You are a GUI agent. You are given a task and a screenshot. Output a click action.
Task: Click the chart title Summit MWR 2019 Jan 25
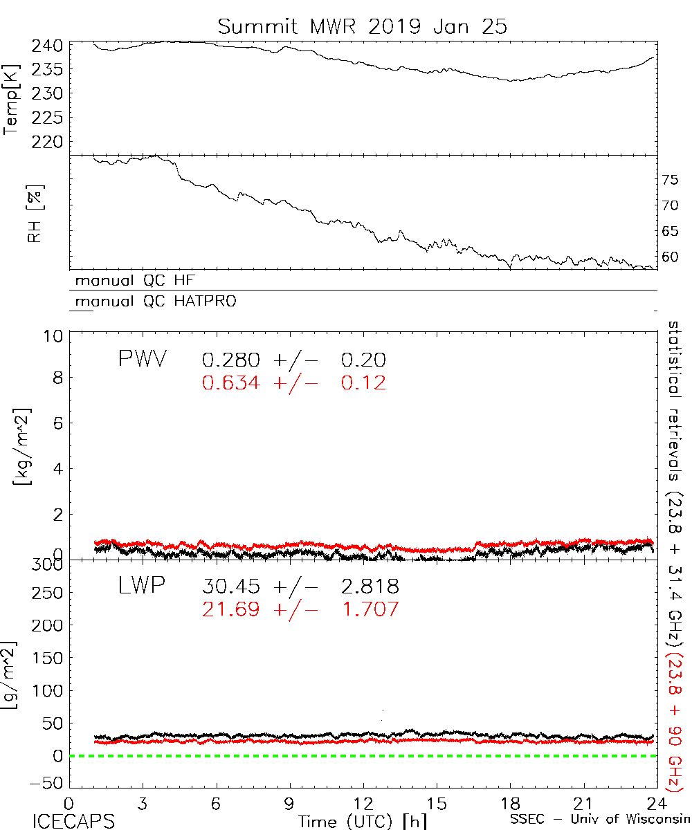click(x=363, y=26)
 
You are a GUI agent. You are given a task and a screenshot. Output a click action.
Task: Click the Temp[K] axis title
click(x=12, y=98)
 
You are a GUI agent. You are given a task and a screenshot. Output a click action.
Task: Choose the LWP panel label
click(x=140, y=587)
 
